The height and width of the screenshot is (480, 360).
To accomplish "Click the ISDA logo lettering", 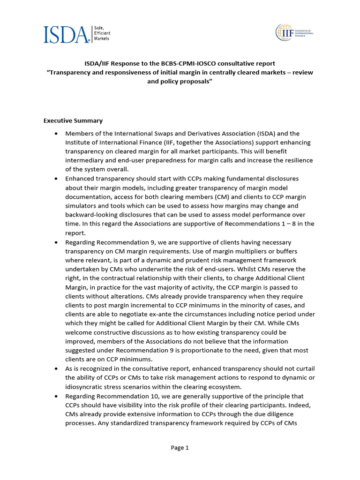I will [66, 34].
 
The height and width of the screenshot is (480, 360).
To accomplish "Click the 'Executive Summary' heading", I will [73, 120].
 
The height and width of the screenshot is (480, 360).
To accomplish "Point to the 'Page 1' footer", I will [180, 448].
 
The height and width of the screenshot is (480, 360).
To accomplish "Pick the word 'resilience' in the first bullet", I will [296, 160].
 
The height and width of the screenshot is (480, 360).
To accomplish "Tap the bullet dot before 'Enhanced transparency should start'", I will [56, 179].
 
